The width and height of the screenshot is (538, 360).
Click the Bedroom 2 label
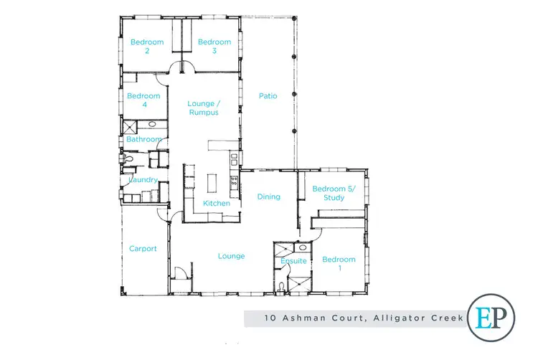146,47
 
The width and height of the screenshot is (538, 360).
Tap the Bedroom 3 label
214,47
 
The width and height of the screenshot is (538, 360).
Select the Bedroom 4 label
143,100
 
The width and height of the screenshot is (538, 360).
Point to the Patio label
268,95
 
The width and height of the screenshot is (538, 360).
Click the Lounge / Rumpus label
203,108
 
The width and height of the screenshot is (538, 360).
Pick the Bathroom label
143,139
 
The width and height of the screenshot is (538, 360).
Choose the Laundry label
143,180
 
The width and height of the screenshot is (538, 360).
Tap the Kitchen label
217,204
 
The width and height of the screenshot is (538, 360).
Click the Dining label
268,196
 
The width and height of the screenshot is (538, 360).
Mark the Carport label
143,249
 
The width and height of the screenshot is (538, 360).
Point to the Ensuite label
294,261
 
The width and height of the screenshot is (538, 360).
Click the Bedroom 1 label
339,263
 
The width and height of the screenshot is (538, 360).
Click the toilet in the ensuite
283,288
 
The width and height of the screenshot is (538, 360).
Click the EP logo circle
494,318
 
